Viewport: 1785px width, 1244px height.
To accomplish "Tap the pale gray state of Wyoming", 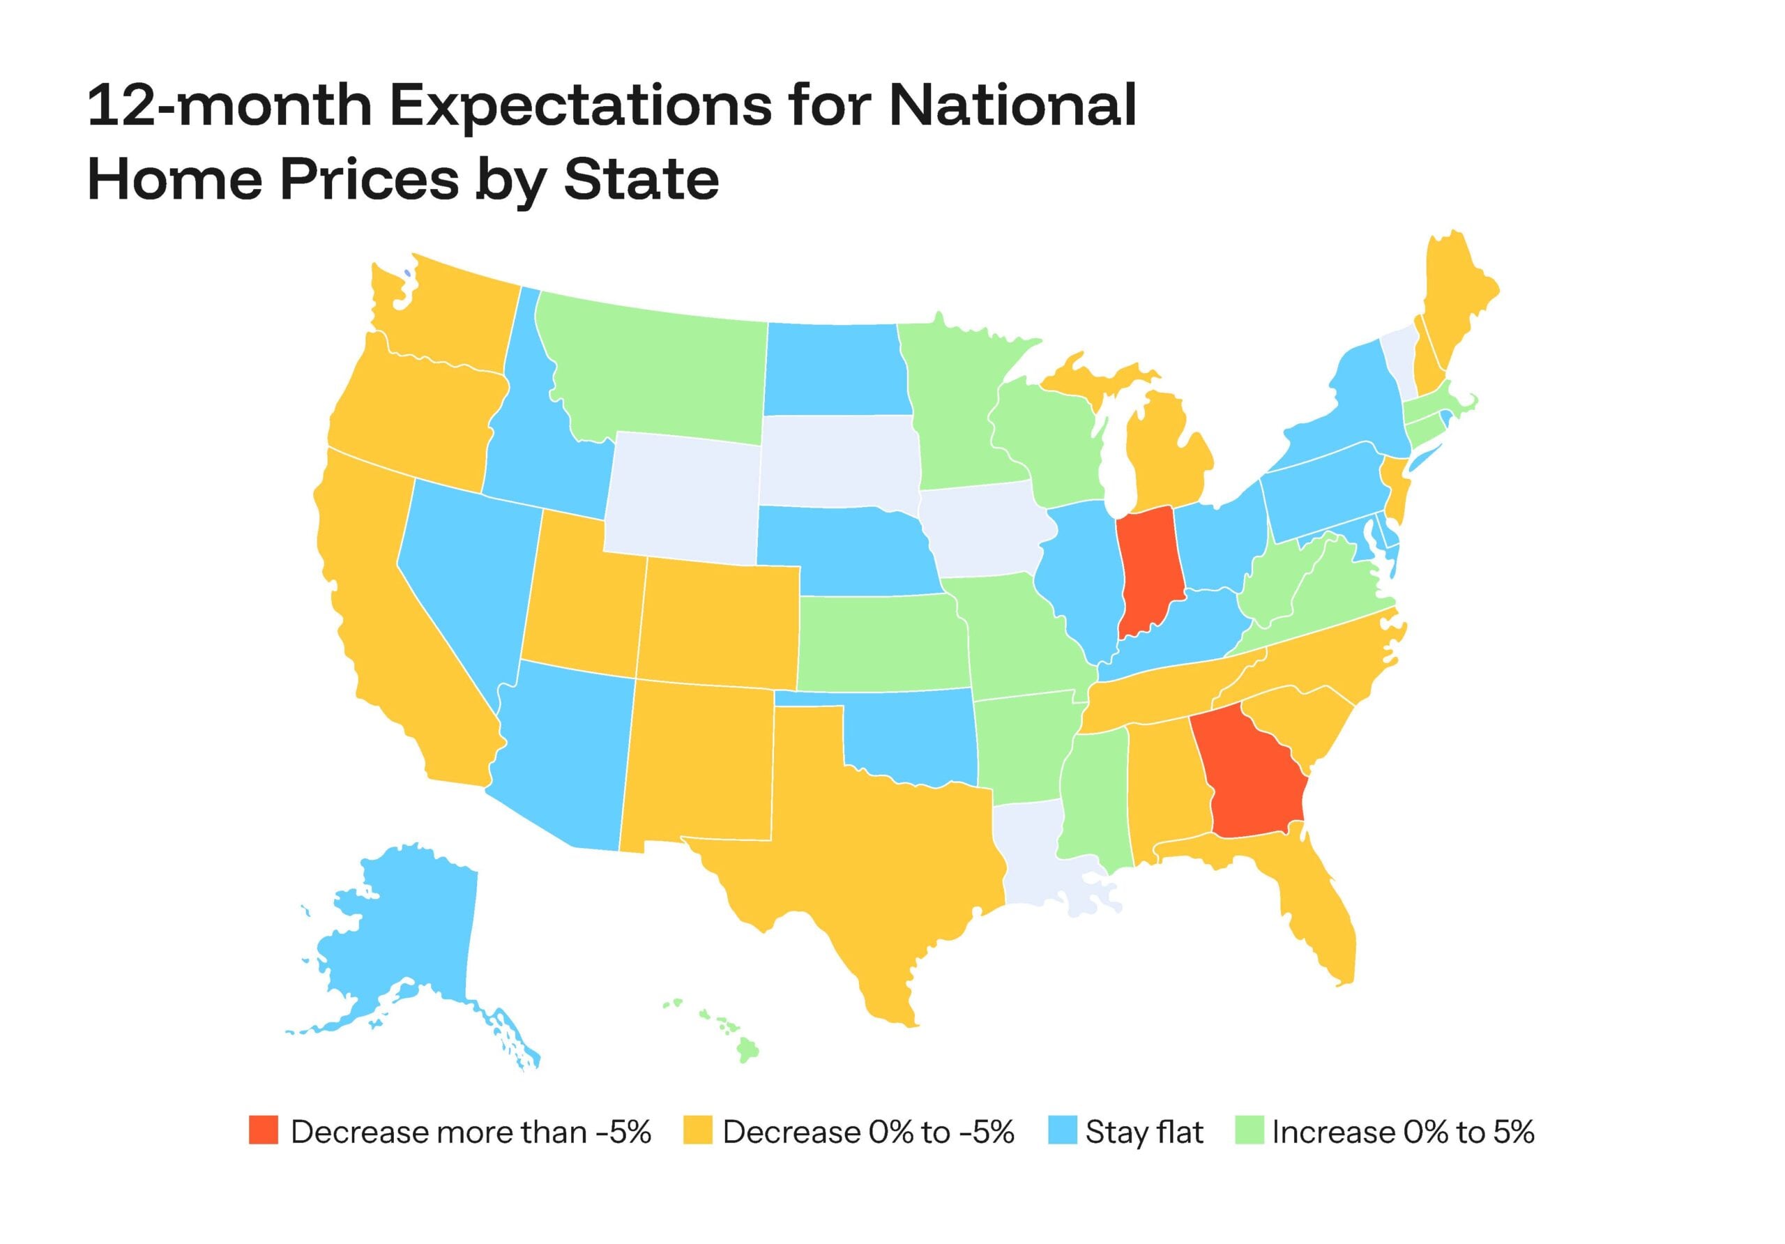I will (x=683, y=498).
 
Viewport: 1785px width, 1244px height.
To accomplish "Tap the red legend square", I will (x=264, y=1130).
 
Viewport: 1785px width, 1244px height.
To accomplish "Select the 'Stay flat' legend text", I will (x=1144, y=1131).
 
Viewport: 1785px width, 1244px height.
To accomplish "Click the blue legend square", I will (x=1062, y=1130).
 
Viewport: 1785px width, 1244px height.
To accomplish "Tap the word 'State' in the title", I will (x=641, y=181).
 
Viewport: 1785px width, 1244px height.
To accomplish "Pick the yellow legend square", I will (x=697, y=1130).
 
